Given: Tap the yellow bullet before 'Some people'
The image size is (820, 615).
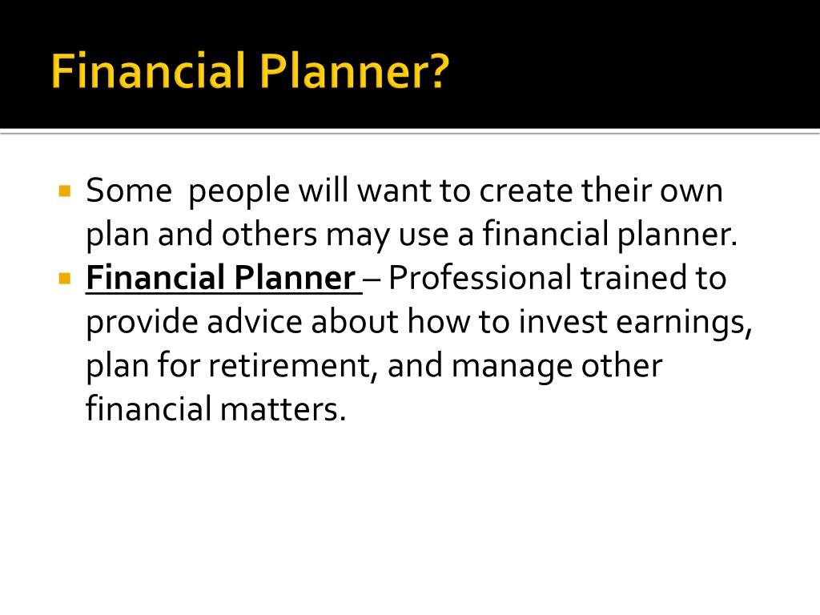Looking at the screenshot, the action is coord(65,191).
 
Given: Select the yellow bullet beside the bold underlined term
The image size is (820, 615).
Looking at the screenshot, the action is coord(65,278).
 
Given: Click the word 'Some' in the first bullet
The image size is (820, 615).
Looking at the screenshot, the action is coord(129,191).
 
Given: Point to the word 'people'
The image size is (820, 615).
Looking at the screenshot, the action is coord(239,192).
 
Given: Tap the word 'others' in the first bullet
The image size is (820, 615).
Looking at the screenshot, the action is coord(269,235).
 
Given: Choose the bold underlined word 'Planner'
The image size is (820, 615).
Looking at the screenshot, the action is coord(295,277).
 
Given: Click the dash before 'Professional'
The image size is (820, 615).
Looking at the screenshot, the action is coord(372,279).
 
